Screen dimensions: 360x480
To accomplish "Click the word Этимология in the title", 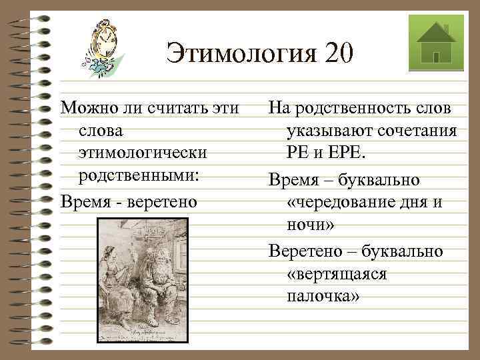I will (x=241, y=53).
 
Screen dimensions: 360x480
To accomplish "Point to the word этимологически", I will (x=141, y=153).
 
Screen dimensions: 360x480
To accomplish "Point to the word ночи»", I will (x=310, y=225).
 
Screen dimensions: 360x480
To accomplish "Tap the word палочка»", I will (x=323, y=296).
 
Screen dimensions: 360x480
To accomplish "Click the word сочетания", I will (x=419, y=131).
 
